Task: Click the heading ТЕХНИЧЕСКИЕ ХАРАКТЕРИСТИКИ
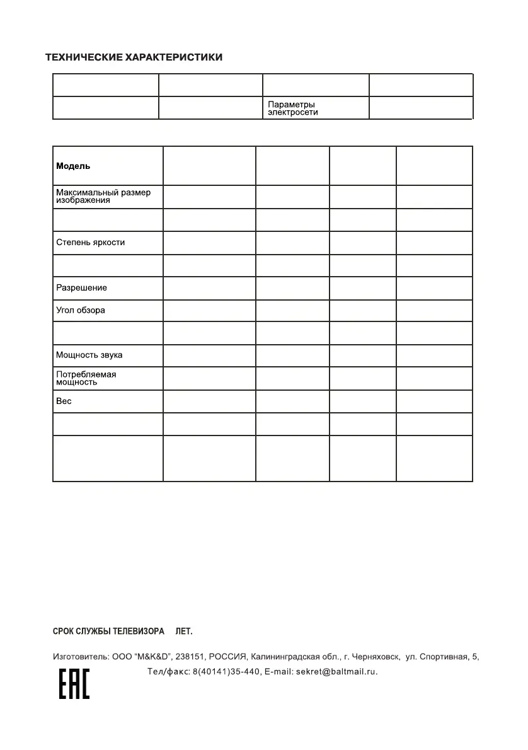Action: coord(134,57)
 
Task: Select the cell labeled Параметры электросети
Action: coord(292,108)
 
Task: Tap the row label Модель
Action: coord(73,166)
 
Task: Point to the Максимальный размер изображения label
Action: coord(103,196)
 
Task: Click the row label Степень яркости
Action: coord(90,242)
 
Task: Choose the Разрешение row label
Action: coord(81,287)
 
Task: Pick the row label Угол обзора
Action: coord(81,310)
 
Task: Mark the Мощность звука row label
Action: coord(89,355)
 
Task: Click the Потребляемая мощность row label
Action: coord(86,378)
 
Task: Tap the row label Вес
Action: coord(64,400)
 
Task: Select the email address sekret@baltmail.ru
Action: coord(336,672)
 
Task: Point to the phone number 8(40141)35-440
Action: coord(226,672)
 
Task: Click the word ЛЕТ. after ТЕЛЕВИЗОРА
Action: coord(183,631)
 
